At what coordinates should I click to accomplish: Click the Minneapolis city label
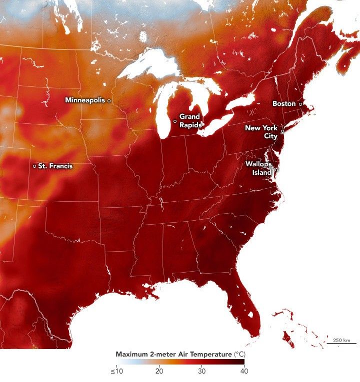(x=85, y=100)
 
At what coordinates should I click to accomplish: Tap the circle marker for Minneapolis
(x=109, y=100)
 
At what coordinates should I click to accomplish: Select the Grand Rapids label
(x=190, y=120)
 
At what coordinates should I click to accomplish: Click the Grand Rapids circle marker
(x=175, y=121)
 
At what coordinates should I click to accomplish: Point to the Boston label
(x=284, y=103)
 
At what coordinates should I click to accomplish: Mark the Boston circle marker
(x=300, y=104)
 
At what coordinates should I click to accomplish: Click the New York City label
(x=261, y=132)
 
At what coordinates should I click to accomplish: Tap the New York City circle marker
(x=282, y=132)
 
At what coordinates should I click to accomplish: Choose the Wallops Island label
(x=258, y=168)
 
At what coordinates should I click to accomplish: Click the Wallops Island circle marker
(x=276, y=170)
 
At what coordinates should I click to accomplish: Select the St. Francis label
(x=55, y=166)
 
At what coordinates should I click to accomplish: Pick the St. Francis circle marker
(x=34, y=166)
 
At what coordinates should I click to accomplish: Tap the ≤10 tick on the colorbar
(x=116, y=371)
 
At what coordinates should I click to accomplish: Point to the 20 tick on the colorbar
(x=159, y=371)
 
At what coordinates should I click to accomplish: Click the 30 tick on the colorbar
(x=201, y=371)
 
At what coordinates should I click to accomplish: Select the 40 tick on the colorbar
(x=243, y=371)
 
